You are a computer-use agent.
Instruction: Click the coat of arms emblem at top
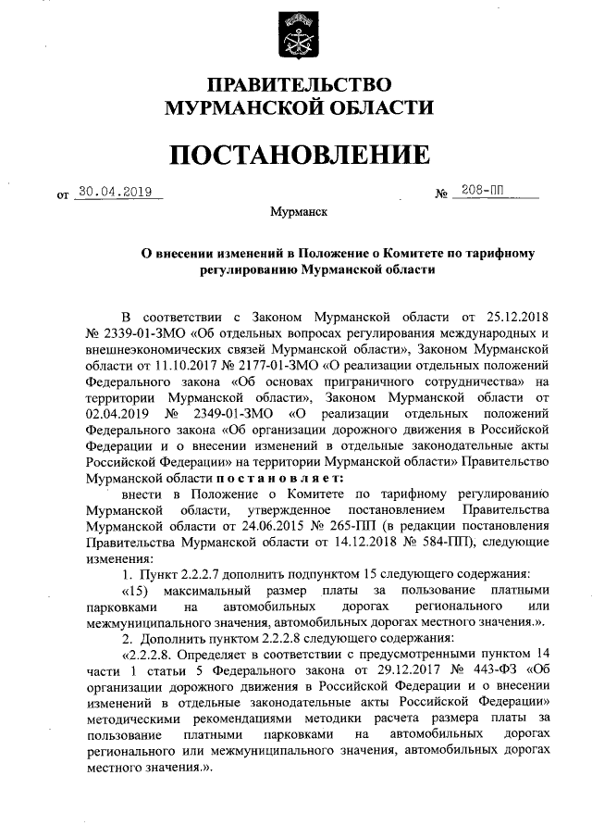297,35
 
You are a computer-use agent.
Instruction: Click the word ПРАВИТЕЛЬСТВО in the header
297,84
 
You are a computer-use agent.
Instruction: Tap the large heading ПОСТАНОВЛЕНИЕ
297,154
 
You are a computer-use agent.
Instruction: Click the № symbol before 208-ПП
441,194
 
